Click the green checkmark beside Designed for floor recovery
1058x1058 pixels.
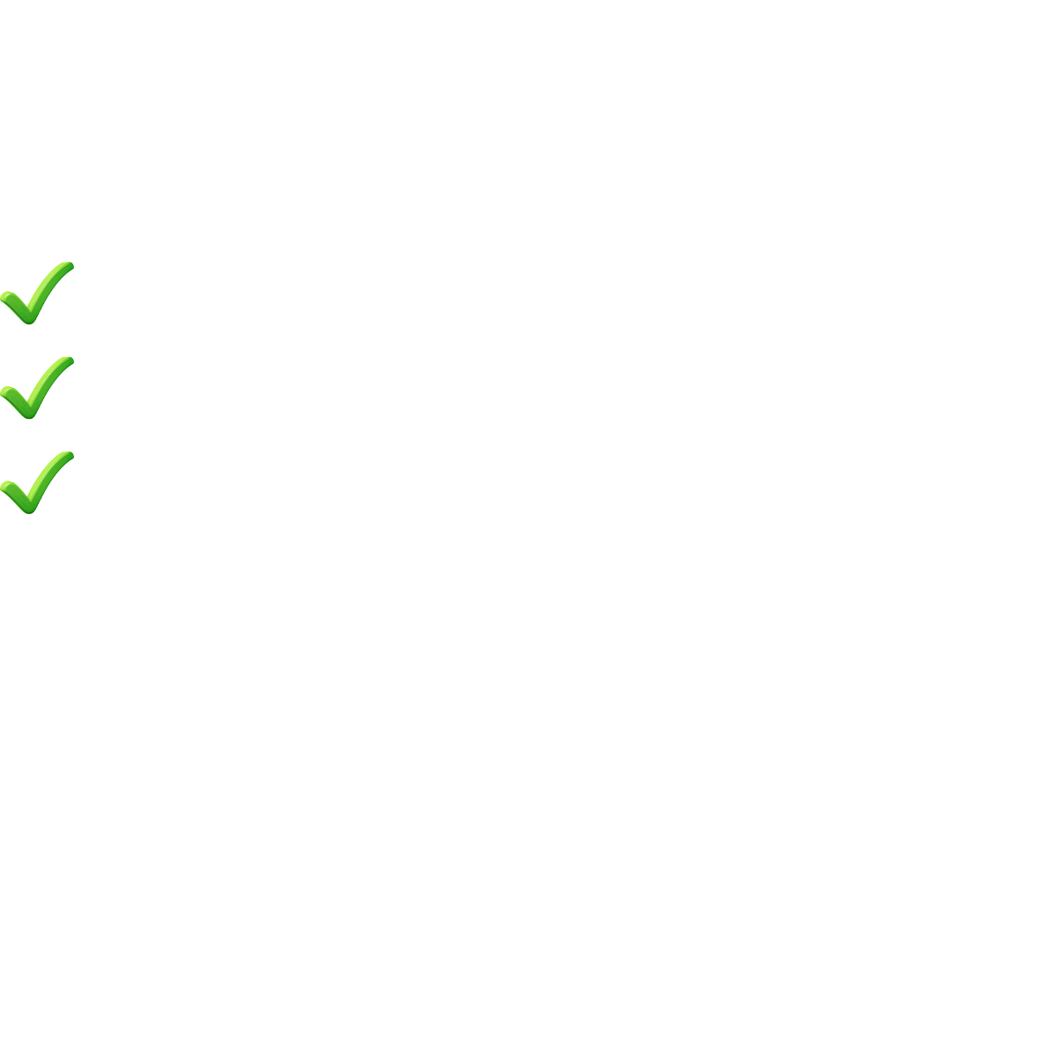click(35, 292)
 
